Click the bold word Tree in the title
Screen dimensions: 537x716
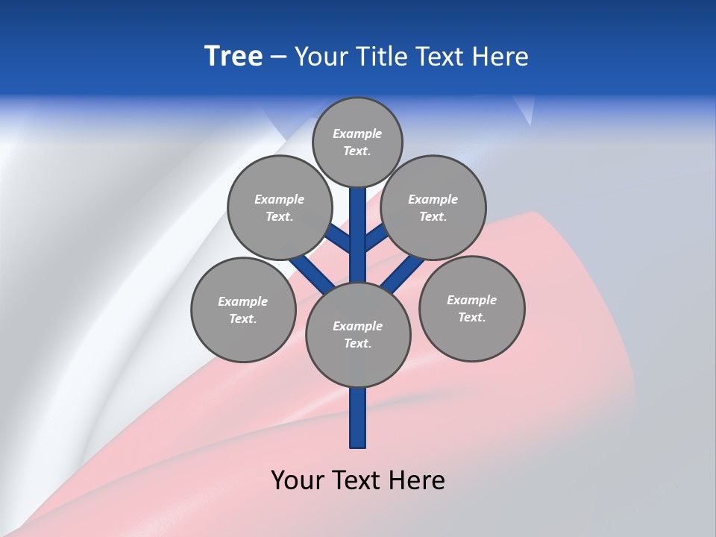233,57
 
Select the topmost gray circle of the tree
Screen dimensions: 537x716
357,142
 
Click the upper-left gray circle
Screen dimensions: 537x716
279,207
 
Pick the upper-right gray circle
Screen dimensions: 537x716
433,207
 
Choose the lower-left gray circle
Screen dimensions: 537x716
242,310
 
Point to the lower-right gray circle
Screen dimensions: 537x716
471,308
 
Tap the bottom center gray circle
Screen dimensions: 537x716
357,334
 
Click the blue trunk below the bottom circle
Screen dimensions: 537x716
357,418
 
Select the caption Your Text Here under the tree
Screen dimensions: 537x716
357,480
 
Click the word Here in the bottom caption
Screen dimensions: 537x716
418,480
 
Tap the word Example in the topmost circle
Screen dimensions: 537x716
357,134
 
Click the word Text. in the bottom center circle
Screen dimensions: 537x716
357,343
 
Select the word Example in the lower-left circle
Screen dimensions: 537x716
242,301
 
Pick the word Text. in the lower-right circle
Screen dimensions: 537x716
471,317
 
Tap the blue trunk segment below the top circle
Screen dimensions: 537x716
357,224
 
